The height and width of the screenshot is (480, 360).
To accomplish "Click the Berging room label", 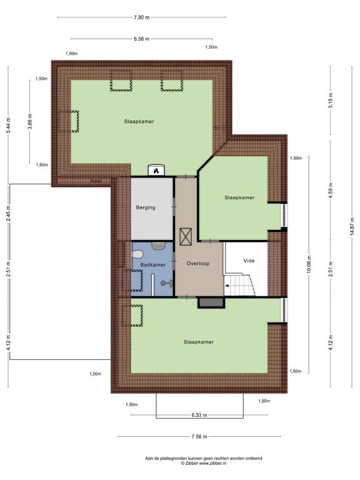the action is [146, 207].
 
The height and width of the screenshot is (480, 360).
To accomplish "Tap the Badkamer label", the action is [152, 264].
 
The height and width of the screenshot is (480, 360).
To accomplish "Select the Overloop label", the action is [198, 263].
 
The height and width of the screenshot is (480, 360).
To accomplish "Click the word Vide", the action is [249, 261].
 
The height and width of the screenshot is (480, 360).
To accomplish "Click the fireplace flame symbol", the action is [156, 171].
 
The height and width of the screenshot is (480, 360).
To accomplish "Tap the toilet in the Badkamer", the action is [136, 255].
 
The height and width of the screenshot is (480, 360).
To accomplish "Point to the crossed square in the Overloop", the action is [186, 237].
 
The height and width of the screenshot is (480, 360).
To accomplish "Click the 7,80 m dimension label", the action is [142, 17].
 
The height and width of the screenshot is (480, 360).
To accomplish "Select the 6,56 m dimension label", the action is [142, 39].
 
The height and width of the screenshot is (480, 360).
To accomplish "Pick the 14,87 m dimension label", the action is [352, 226].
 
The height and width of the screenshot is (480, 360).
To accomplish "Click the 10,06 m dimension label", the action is [309, 264].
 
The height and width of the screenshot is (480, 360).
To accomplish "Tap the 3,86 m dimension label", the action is [30, 121].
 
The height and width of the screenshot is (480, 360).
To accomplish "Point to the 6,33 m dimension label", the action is [199, 415].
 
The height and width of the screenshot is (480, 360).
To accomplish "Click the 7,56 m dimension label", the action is [199, 436].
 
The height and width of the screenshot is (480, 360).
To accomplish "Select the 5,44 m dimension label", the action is [8, 125].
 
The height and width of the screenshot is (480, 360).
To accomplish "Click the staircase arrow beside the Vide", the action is [227, 286].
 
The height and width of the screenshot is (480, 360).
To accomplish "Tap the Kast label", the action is [96, 181].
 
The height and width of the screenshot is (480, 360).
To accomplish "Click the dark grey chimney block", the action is [211, 302].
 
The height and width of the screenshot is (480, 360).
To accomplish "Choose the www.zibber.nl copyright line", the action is [204, 464].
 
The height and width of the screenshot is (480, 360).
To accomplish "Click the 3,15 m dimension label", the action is [330, 101].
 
